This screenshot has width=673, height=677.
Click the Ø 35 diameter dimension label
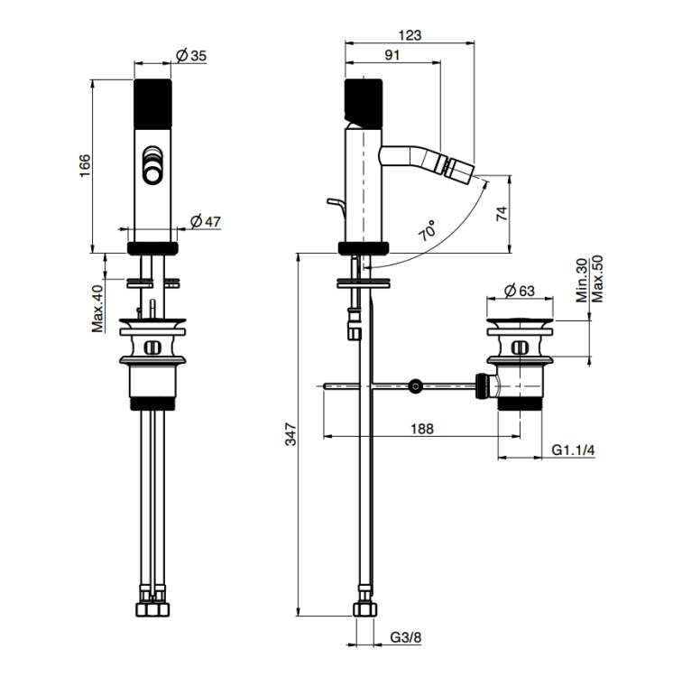192,56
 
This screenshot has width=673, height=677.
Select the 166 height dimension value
85,165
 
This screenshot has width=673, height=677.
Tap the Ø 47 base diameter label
206,221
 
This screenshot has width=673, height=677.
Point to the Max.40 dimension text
98,309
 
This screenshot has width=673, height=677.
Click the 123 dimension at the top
410,35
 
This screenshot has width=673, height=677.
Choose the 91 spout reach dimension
392,55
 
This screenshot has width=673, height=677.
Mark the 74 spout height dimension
502,214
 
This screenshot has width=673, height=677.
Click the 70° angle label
428,230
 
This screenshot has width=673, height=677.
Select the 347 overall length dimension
291,434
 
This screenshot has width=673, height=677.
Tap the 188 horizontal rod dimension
421,429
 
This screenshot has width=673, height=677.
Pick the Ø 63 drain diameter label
520,291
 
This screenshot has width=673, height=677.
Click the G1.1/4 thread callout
573,450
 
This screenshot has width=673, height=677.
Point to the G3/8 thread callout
406,637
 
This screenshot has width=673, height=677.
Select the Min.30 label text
583,280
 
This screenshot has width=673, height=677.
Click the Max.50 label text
597,279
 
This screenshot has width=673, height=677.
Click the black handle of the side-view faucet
364,104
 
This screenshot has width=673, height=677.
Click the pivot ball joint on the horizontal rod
415,385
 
